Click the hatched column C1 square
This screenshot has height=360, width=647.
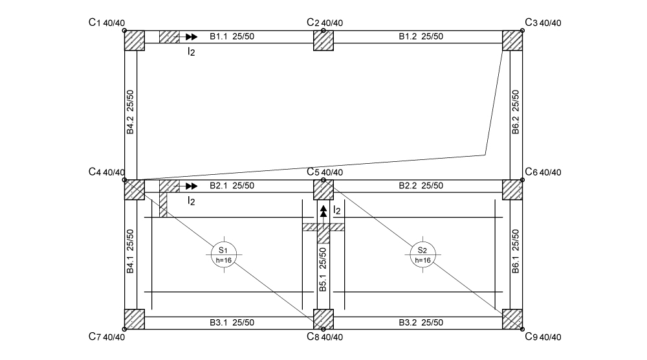click(134, 40)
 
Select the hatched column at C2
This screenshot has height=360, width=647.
click(323, 40)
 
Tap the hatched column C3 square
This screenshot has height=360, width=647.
click(512, 40)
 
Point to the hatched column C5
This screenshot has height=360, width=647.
click(323, 190)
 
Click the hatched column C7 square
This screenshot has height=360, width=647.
click(134, 319)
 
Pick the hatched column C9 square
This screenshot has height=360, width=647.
click(512, 319)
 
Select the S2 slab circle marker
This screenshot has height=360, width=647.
click(422, 254)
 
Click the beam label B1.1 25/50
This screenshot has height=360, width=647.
click(232, 37)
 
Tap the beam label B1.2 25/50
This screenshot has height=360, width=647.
click(421, 37)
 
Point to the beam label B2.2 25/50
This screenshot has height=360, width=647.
click(421, 186)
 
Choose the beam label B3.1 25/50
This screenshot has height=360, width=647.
click(232, 322)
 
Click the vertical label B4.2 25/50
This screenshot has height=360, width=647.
click(130, 111)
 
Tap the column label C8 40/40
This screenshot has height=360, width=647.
click(324, 337)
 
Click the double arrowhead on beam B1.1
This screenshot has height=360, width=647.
click(191, 37)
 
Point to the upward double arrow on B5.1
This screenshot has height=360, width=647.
click(323, 211)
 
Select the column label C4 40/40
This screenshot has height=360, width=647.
click(107, 172)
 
